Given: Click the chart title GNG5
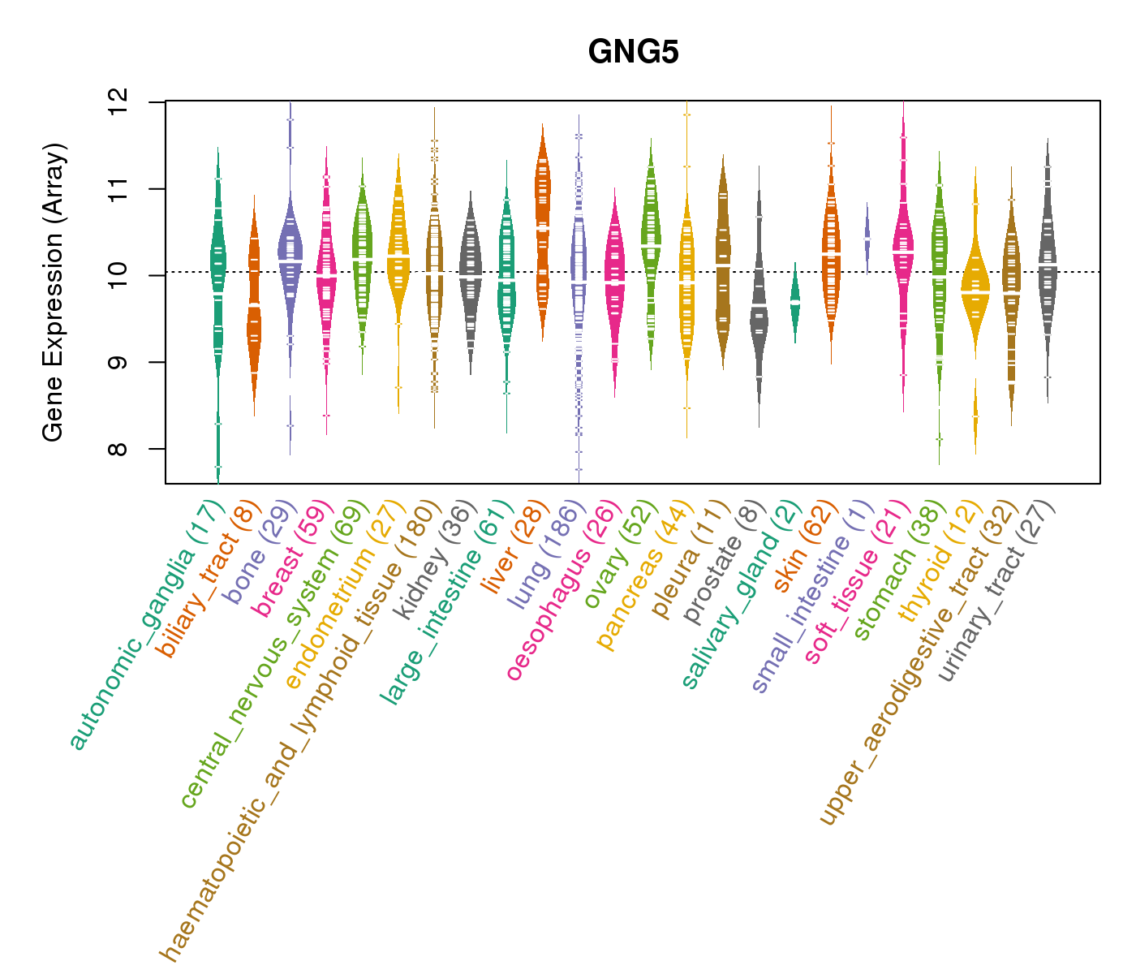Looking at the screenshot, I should pyautogui.click(x=633, y=52).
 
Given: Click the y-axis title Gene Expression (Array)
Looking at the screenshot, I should pyautogui.click(x=54, y=292).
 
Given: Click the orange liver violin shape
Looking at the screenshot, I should pyautogui.click(x=542, y=227).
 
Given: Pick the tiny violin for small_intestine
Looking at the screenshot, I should pyautogui.click(x=867, y=239).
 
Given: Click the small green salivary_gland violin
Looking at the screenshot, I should pyautogui.click(x=795, y=302).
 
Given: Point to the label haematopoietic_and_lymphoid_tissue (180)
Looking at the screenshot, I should pyautogui.click(x=300, y=730).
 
